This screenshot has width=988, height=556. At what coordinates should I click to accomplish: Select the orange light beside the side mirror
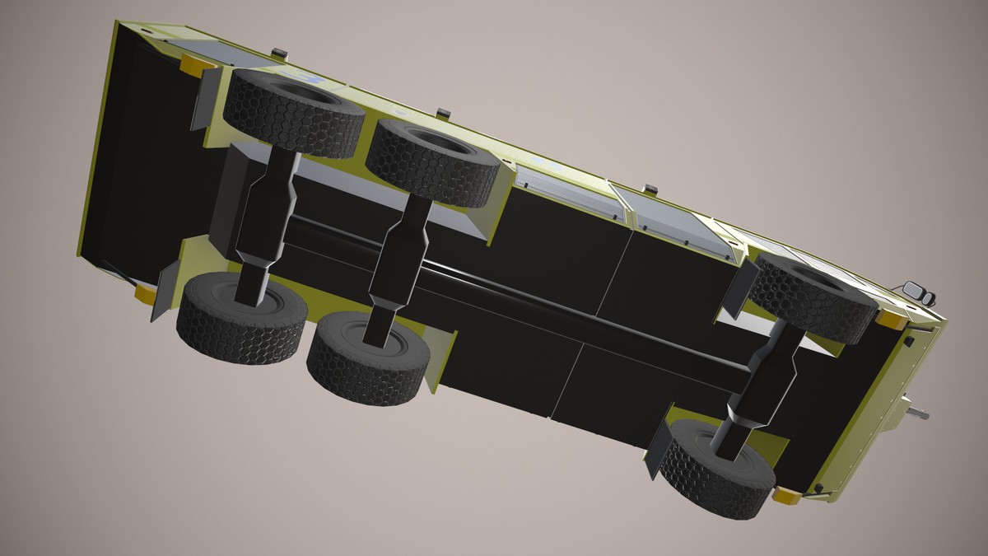890,318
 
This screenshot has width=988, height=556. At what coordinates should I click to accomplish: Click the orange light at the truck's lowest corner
785,496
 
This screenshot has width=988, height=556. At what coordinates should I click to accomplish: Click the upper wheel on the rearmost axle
292,112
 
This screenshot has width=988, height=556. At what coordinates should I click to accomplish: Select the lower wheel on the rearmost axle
240,318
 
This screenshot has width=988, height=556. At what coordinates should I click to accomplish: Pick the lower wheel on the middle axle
368,356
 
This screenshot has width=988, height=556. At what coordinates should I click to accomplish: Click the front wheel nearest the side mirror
813,297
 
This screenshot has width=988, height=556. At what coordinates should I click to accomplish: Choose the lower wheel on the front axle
716,468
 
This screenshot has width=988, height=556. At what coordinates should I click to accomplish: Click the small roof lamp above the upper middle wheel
444,112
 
